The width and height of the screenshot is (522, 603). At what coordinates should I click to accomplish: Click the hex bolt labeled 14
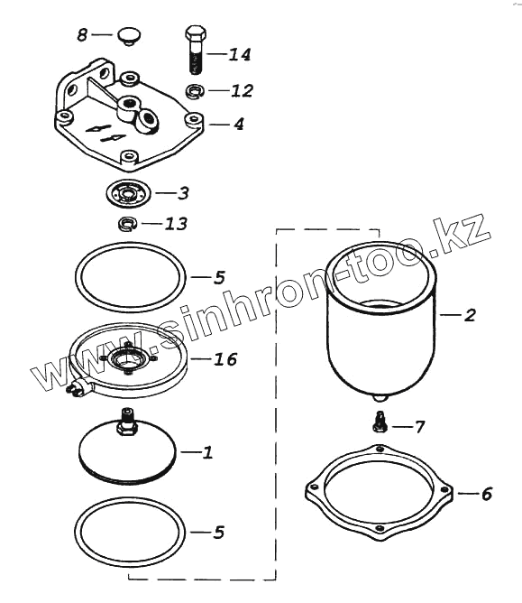tap(196, 50)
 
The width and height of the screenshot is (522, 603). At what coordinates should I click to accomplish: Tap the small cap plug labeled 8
tap(129, 36)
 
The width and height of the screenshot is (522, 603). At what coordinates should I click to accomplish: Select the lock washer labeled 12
tap(195, 91)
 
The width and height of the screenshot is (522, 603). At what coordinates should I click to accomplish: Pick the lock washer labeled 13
tap(127, 224)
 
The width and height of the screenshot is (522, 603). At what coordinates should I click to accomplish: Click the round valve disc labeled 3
tap(128, 192)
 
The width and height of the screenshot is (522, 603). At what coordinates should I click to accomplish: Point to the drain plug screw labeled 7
tap(380, 422)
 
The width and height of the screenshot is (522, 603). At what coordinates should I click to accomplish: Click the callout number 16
tap(225, 359)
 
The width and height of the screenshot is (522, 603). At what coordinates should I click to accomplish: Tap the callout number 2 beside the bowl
tap(470, 315)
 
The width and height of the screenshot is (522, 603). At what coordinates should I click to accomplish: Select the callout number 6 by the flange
tap(486, 494)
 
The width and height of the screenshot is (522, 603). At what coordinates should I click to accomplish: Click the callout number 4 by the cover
tap(239, 125)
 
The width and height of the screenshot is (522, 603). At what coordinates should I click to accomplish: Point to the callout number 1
tap(207, 452)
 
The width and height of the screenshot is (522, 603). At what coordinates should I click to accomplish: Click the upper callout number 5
tap(219, 277)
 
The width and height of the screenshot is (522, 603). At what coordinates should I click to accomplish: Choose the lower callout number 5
tap(219, 533)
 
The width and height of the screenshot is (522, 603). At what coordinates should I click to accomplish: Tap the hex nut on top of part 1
tap(126, 429)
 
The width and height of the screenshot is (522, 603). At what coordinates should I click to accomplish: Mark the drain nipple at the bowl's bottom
tap(380, 397)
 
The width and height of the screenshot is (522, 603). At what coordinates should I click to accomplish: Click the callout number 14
tap(240, 54)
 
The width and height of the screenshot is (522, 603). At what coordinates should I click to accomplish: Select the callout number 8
tap(82, 35)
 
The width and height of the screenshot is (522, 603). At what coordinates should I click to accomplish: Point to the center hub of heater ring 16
tap(127, 359)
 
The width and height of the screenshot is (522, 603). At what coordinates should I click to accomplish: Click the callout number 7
tap(418, 427)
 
